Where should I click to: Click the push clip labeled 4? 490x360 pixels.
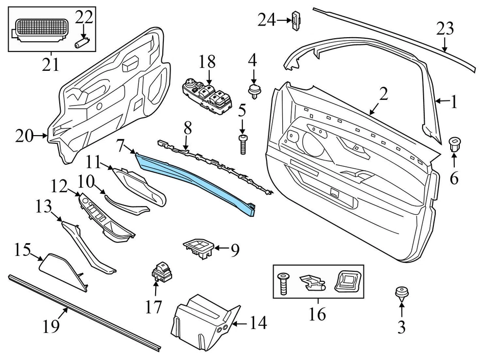pos(253,90)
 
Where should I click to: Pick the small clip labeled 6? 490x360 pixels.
pos(453,143)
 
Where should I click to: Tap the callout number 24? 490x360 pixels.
pos(266,20)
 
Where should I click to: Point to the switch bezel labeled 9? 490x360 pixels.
pos(199,248)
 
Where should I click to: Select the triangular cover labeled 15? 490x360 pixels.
pos(64,270)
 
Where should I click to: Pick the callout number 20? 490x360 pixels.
pos(23,136)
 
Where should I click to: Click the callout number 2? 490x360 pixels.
pos(383,93)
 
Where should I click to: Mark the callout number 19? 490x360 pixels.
pos(52,326)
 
